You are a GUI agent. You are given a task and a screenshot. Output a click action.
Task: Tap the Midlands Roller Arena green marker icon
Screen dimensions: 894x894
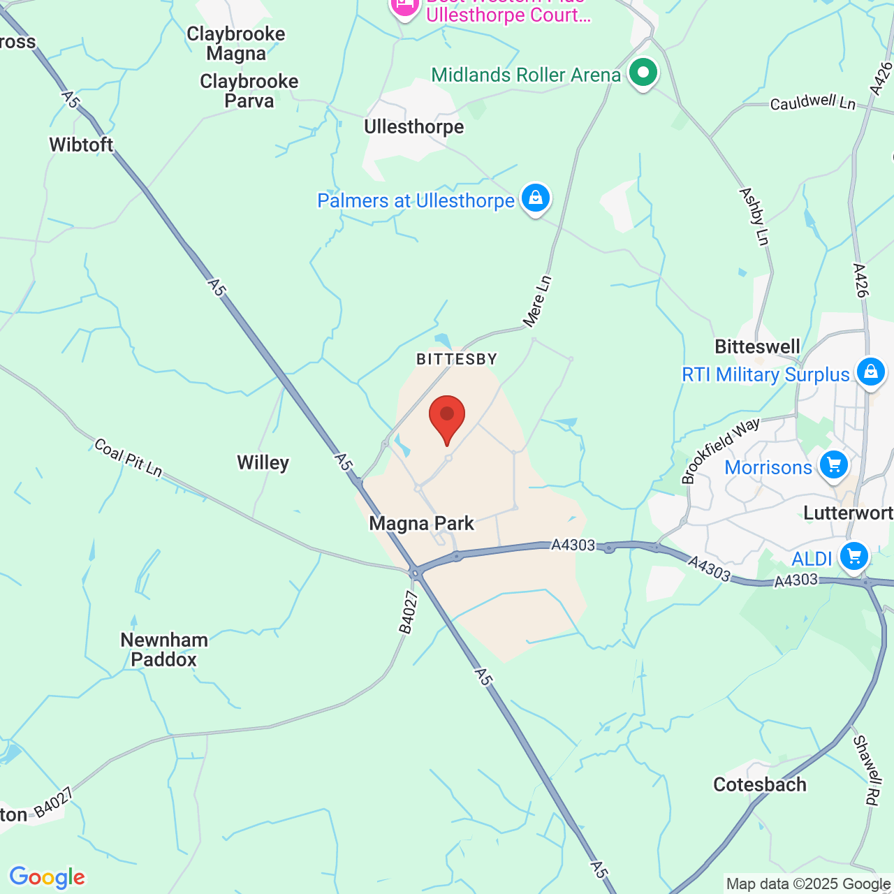(643, 73)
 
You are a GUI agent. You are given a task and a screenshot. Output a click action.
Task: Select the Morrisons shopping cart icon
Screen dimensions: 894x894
(833, 464)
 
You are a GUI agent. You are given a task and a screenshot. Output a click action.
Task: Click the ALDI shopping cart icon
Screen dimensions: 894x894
(853, 557)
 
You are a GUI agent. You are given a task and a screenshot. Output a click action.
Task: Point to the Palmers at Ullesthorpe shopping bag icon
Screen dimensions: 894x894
(536, 198)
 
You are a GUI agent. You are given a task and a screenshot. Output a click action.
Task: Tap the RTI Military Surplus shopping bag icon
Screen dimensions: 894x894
(870, 372)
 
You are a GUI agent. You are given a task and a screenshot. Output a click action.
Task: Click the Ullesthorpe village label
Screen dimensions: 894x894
(414, 127)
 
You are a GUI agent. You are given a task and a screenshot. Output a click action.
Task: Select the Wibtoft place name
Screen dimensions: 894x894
(81, 145)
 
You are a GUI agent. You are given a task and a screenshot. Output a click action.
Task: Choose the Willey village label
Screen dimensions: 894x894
(263, 462)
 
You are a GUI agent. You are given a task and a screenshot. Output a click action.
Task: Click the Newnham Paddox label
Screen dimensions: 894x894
(164, 650)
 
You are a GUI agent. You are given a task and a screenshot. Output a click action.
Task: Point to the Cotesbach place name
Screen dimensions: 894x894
(760, 784)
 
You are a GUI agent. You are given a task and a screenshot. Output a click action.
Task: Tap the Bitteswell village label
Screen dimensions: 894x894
(758, 346)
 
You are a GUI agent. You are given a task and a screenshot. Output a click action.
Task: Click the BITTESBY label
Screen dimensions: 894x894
(457, 359)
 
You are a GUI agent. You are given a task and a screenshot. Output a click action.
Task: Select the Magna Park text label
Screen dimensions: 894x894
(422, 523)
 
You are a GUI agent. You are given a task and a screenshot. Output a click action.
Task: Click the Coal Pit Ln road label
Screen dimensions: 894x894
(129, 458)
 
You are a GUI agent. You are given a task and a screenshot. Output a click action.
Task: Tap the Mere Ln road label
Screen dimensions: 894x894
(537, 302)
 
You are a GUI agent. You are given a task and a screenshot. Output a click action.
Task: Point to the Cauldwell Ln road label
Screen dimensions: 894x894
(812, 103)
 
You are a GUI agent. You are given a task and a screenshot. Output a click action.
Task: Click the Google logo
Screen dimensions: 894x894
(47, 877)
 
